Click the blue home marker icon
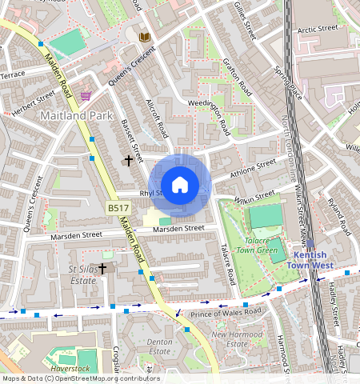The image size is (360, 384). tap(180, 186)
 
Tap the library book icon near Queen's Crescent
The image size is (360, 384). tap(144, 38)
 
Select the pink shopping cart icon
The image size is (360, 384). tap(86, 96)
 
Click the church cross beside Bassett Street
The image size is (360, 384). tap(128, 161)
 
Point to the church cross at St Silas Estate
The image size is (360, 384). tap(102, 269)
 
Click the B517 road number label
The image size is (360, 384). tap(118, 208)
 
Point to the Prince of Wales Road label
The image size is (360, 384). tap(226, 311)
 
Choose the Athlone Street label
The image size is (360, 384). tap(252, 169)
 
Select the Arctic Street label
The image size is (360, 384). tap(318, 29)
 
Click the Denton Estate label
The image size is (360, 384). tap(160, 346)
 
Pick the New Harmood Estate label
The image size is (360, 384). tap(236, 338)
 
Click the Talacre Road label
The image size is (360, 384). tap(228, 266)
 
